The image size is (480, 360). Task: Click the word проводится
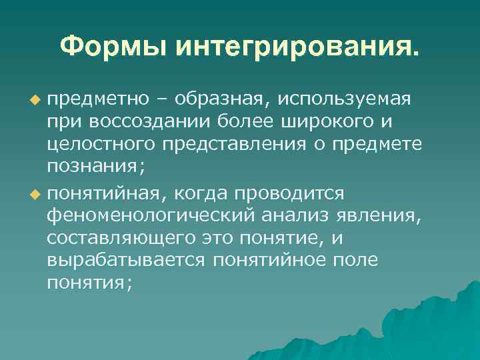pos(289,193)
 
